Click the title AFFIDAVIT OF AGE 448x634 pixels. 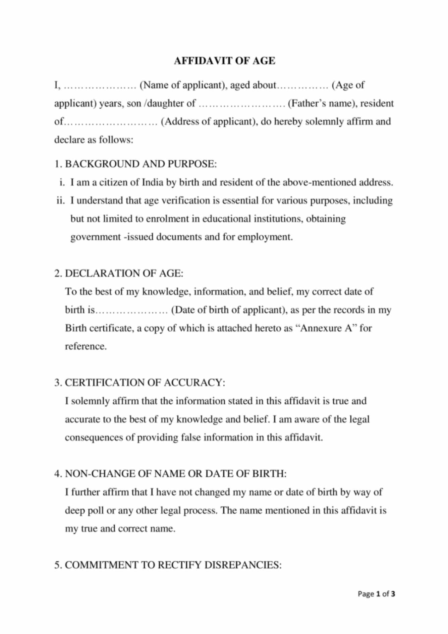click(x=224, y=61)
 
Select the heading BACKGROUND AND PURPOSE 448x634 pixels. click(x=141, y=164)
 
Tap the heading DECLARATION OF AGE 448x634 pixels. click(x=124, y=273)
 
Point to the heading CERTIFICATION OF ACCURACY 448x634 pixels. click(x=145, y=383)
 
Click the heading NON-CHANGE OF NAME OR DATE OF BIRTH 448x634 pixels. click(x=175, y=474)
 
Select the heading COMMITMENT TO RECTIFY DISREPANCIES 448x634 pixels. click(x=173, y=565)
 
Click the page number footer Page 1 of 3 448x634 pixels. click(x=376, y=594)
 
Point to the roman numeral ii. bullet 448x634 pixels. click(x=60, y=200)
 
